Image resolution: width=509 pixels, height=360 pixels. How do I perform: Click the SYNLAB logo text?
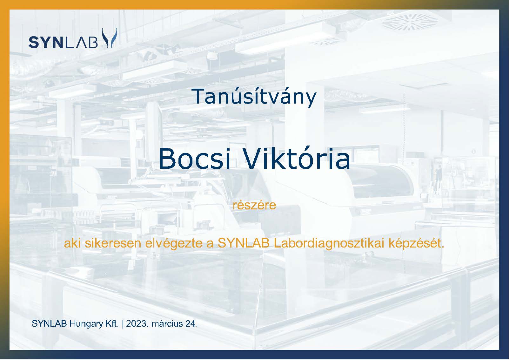(63, 42)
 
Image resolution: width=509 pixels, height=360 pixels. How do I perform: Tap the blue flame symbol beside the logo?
(110, 38)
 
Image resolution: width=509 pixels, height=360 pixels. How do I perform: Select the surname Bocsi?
(195, 159)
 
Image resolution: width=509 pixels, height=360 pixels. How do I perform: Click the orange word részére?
(254, 205)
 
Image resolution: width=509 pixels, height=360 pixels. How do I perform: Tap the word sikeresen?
(113, 243)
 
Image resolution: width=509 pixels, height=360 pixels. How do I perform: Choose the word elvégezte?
(174, 244)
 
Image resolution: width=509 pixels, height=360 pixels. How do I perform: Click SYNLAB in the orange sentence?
(244, 243)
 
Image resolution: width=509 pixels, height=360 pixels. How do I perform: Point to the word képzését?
(416, 244)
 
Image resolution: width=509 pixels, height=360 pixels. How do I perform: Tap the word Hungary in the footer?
(86, 324)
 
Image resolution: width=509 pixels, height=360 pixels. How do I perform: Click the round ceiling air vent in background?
(410, 22)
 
